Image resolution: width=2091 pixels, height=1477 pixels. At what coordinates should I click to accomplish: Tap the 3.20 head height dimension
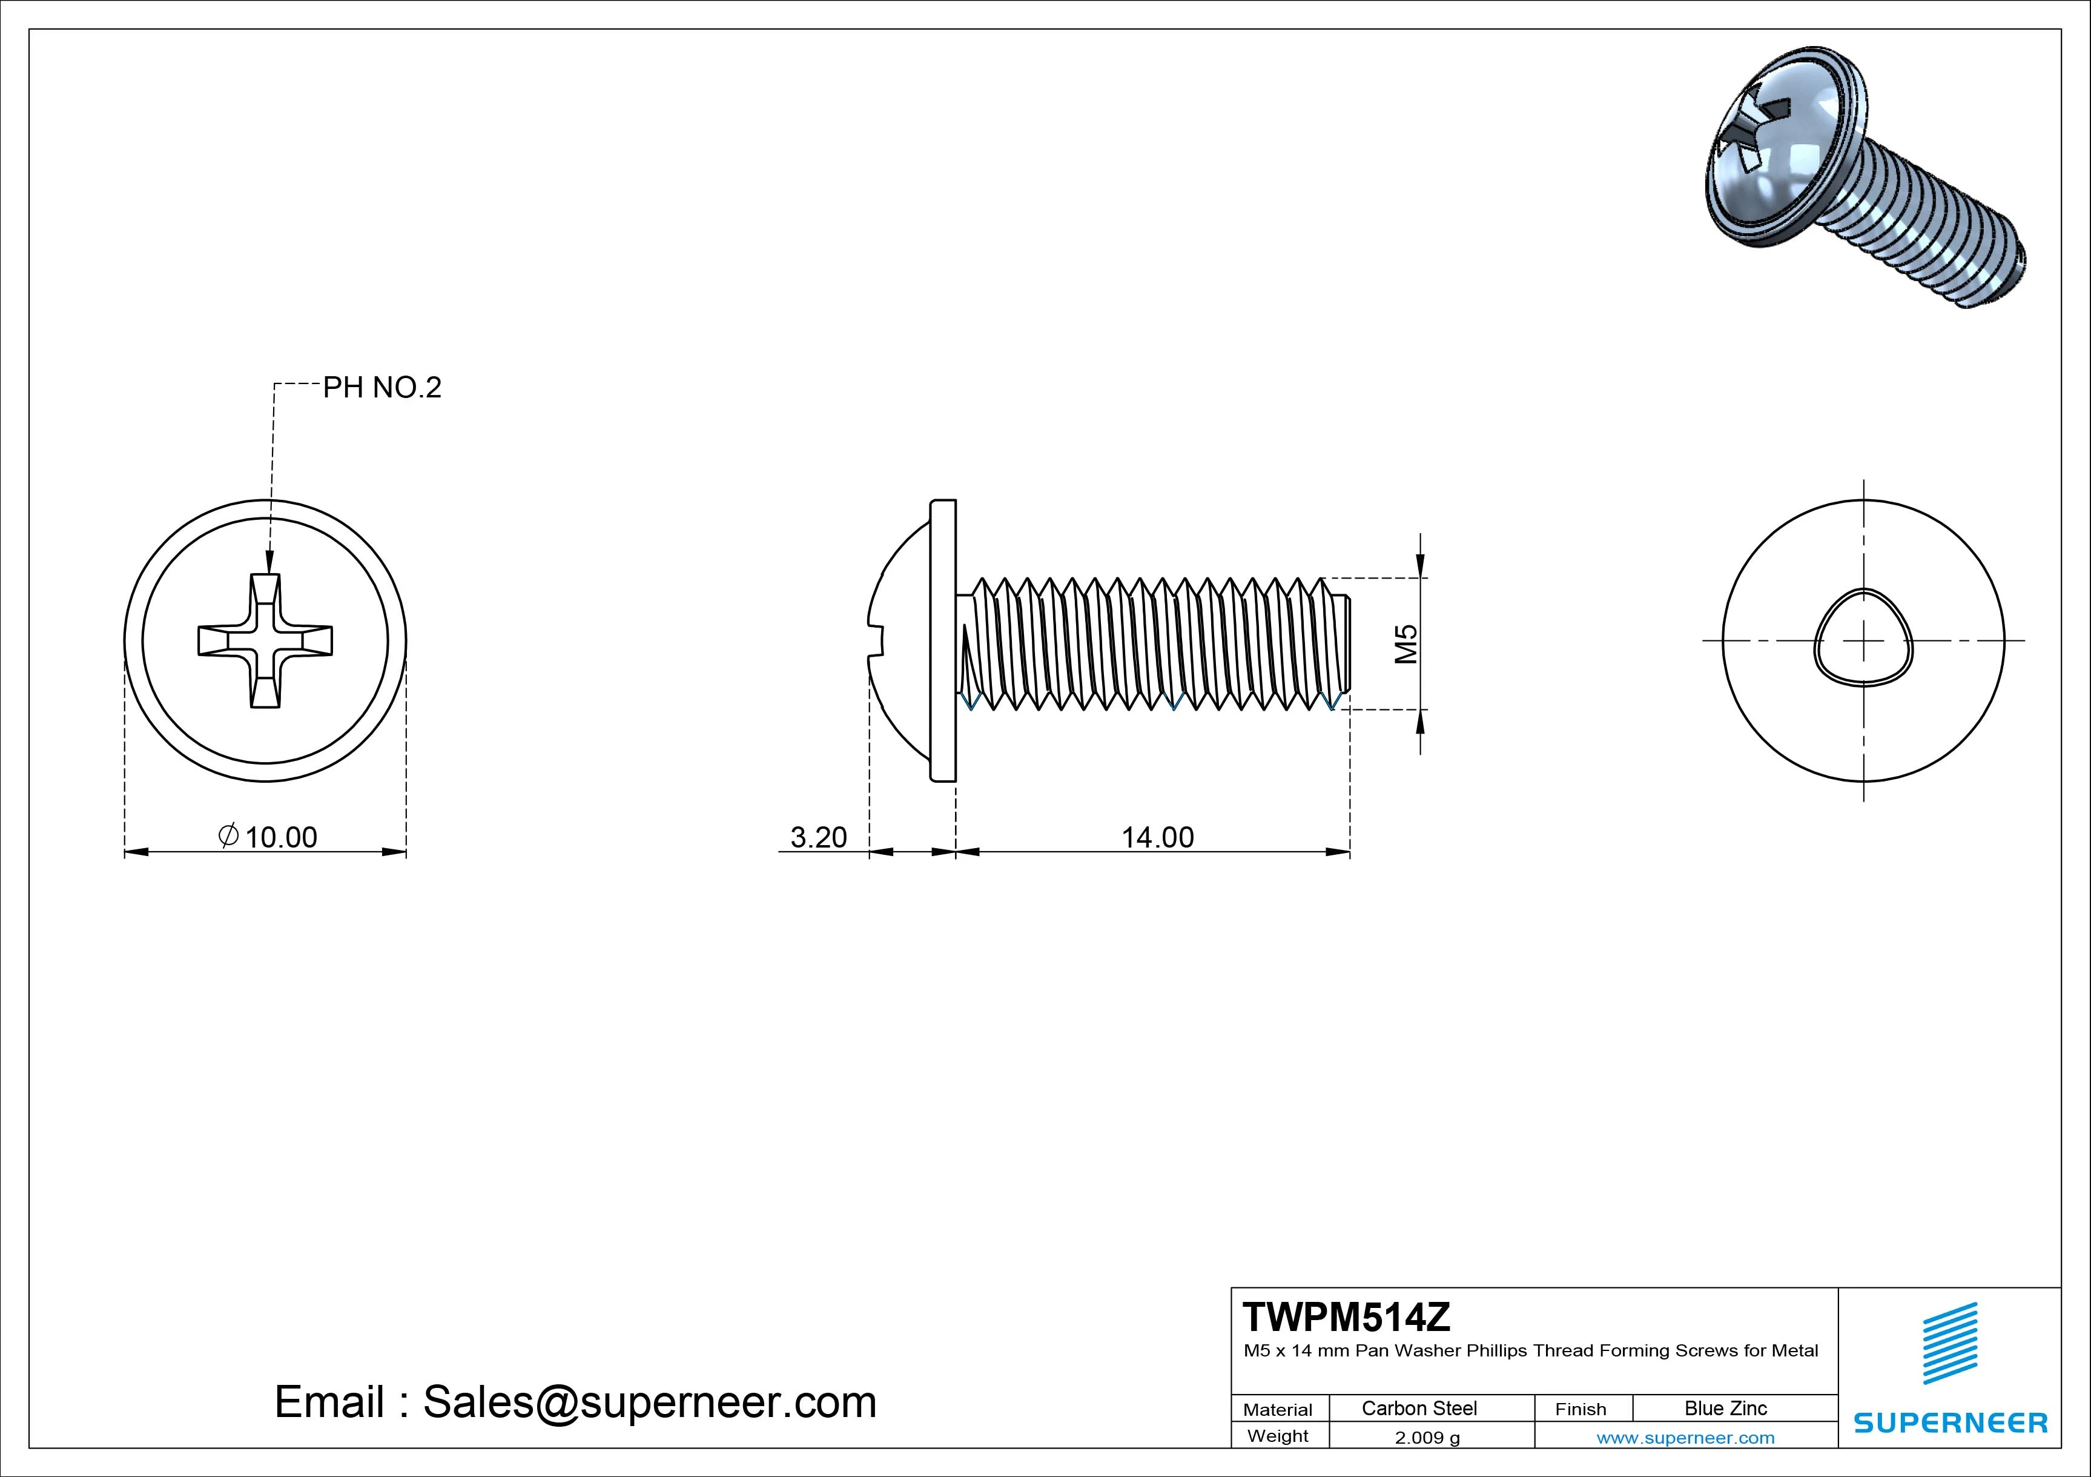[819, 837]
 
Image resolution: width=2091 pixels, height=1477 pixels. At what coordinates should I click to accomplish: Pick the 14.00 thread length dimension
[1157, 837]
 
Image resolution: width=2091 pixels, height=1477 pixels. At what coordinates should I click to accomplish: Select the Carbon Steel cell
[1419, 1408]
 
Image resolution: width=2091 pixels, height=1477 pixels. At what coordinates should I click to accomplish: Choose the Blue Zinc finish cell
[1726, 1408]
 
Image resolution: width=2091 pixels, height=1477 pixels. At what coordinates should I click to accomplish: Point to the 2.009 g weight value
[1427, 1437]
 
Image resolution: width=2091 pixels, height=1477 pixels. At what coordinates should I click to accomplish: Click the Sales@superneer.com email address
[649, 1401]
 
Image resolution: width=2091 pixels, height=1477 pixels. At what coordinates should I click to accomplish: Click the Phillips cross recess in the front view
[265, 640]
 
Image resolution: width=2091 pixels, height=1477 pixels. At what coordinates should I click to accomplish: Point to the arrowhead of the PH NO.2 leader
[269, 565]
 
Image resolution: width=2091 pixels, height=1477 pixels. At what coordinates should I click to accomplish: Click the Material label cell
[1278, 1409]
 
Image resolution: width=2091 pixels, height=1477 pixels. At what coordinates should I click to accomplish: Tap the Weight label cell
[1278, 1436]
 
